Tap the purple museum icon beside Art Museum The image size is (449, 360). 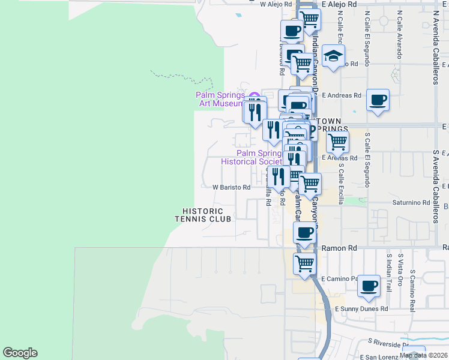coord(254,96)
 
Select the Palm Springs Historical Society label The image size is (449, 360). coord(251,157)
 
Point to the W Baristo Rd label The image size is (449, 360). coord(231,187)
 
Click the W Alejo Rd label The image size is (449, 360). coord(275,4)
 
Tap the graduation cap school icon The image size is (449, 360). coord(333,57)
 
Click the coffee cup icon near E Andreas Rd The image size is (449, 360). coord(378,100)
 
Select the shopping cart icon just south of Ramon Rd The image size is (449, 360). coord(305,263)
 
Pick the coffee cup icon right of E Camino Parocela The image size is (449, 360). coord(369,286)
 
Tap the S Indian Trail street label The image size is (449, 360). coord(389,269)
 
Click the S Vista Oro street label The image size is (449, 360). coord(400,269)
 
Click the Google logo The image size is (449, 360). coord(20,353)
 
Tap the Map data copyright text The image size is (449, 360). coord(424,355)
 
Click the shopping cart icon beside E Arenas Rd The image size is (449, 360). coord(337,142)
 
